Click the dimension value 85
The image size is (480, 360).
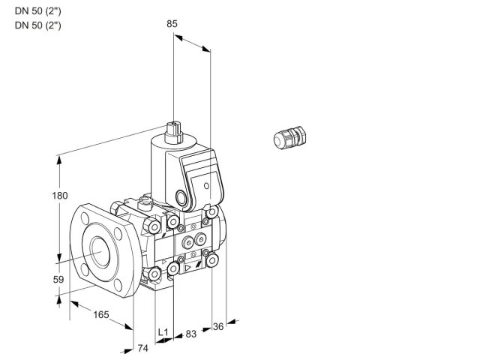click(x=172, y=24)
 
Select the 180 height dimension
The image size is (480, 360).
click(x=60, y=196)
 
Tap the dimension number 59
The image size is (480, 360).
click(x=58, y=280)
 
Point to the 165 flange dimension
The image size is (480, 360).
click(x=101, y=315)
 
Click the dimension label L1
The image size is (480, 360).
click(x=163, y=332)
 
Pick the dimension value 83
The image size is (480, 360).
click(x=191, y=334)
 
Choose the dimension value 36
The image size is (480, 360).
click(x=218, y=327)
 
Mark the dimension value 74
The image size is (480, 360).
click(x=142, y=348)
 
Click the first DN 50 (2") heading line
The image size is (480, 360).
click(x=38, y=11)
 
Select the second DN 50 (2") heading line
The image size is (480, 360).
click(x=38, y=25)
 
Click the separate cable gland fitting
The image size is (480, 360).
click(x=289, y=137)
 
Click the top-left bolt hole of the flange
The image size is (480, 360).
click(x=85, y=219)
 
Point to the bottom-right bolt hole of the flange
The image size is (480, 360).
click(x=118, y=285)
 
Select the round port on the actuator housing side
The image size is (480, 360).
click(x=180, y=196)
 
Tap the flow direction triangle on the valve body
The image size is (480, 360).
click(x=188, y=268)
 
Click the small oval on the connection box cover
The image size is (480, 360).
click(x=207, y=186)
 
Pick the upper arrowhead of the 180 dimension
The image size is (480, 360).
click(x=59, y=160)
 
